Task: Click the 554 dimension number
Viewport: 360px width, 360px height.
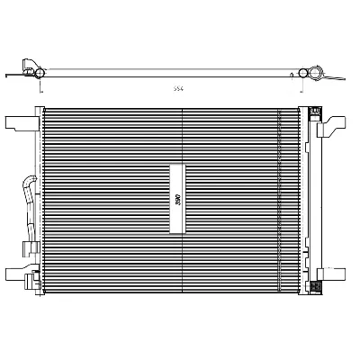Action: tap(179, 89)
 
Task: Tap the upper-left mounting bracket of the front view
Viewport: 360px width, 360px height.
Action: tap(20, 121)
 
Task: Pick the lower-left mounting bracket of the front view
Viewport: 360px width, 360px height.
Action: tap(20, 273)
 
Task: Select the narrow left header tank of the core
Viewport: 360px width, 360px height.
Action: tap(40, 198)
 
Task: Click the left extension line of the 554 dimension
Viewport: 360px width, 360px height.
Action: tap(40, 85)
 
